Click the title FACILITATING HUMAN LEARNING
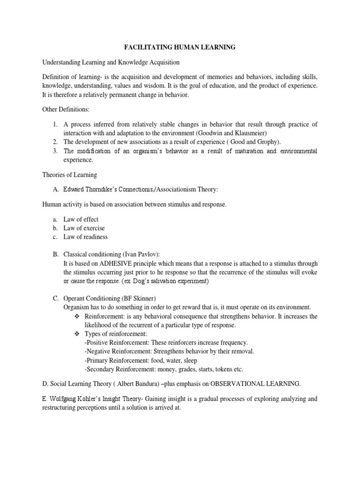[180, 47]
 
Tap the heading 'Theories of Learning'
[69, 175]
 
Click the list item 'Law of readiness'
[86, 237]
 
